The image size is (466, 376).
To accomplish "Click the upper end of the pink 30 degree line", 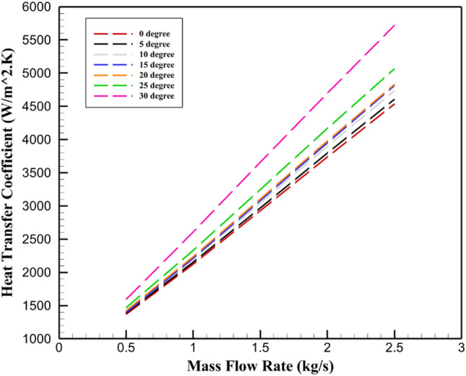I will [394, 25].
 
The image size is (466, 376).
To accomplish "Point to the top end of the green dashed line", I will [394, 69].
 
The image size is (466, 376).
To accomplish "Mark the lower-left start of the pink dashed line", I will [126, 299].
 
